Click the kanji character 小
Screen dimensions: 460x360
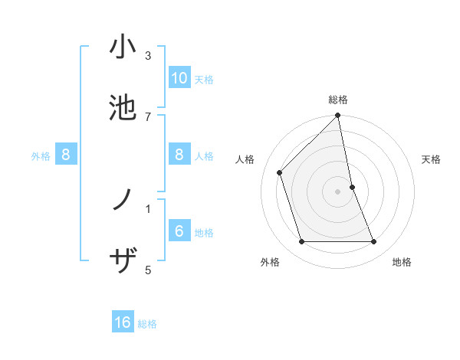123,47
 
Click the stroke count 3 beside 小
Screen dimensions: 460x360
148,56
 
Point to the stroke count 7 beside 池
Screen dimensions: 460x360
148,116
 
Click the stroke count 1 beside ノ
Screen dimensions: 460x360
148,208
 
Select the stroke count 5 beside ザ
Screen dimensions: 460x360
148,270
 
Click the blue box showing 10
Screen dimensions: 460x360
179,78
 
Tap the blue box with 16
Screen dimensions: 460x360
123,323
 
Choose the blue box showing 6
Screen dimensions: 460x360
179,231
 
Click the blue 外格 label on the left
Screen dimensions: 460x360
41,156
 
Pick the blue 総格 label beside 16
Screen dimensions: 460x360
147,324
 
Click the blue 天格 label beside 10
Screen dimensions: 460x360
204,79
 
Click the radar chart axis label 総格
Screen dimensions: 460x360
338,100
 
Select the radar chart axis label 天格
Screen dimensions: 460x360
432,159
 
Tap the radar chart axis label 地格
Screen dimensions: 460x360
402,262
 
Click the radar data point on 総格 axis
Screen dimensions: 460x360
337,116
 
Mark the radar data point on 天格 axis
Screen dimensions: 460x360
352,187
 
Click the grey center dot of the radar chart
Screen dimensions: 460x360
337,191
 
